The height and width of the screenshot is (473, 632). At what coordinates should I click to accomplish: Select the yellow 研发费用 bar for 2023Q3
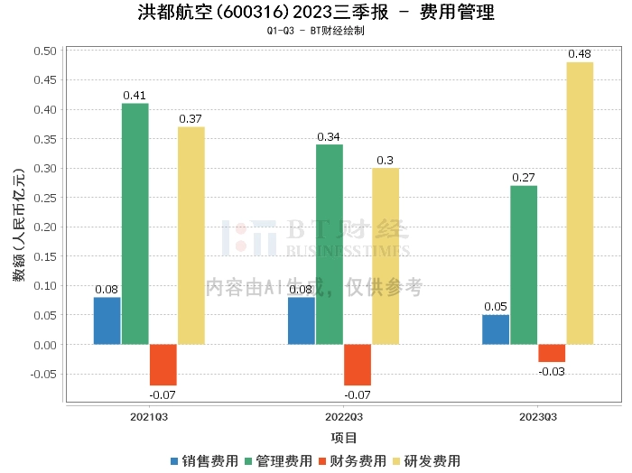(x=580, y=203)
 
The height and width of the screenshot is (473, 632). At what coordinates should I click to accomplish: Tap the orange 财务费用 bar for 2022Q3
(x=358, y=365)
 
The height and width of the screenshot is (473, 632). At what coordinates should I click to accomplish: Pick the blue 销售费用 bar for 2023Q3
(x=496, y=329)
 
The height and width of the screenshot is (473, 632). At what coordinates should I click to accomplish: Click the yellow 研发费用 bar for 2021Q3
(x=191, y=236)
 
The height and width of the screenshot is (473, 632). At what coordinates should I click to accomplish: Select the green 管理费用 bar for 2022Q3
(x=330, y=245)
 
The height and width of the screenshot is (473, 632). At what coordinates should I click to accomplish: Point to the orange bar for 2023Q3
(x=552, y=353)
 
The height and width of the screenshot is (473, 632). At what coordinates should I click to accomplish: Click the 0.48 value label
(x=580, y=54)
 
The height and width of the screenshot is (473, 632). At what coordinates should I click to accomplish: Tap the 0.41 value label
(x=135, y=96)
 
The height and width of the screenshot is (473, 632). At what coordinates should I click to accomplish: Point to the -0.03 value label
(x=552, y=371)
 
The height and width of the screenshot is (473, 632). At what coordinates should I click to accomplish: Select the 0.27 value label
(x=524, y=178)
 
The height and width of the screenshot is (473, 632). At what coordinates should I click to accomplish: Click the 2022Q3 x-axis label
(x=344, y=417)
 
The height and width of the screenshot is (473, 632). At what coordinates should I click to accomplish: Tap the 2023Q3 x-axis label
(x=538, y=417)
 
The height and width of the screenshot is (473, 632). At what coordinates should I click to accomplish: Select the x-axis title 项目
(x=344, y=438)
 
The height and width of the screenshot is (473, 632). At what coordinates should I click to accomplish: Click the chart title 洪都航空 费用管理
(x=316, y=13)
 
